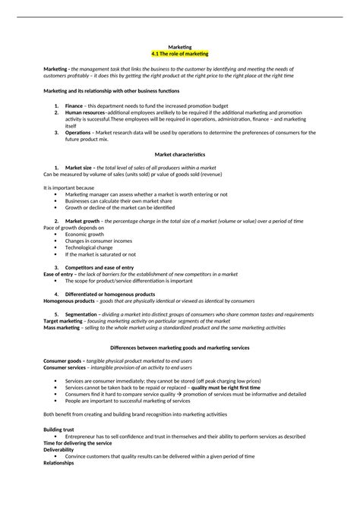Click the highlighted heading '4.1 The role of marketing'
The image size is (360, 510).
(180, 54)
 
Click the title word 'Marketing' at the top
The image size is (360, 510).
(180, 47)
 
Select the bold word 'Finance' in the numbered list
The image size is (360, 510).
(74, 106)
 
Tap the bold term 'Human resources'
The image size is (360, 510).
(85, 112)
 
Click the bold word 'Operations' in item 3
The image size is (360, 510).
(78, 131)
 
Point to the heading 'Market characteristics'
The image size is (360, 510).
(180, 154)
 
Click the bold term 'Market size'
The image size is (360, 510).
(80, 167)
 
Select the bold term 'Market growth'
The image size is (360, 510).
(83, 221)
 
